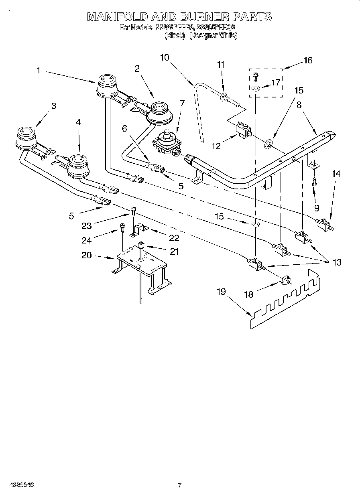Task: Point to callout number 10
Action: pyautogui.click(x=165, y=57)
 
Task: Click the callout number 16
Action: pyautogui.click(x=308, y=61)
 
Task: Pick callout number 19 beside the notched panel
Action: pyautogui.click(x=222, y=292)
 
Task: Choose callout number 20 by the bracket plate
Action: pyautogui.click(x=86, y=256)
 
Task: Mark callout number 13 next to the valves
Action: pyautogui.click(x=337, y=262)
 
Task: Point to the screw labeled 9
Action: pyautogui.click(x=315, y=182)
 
